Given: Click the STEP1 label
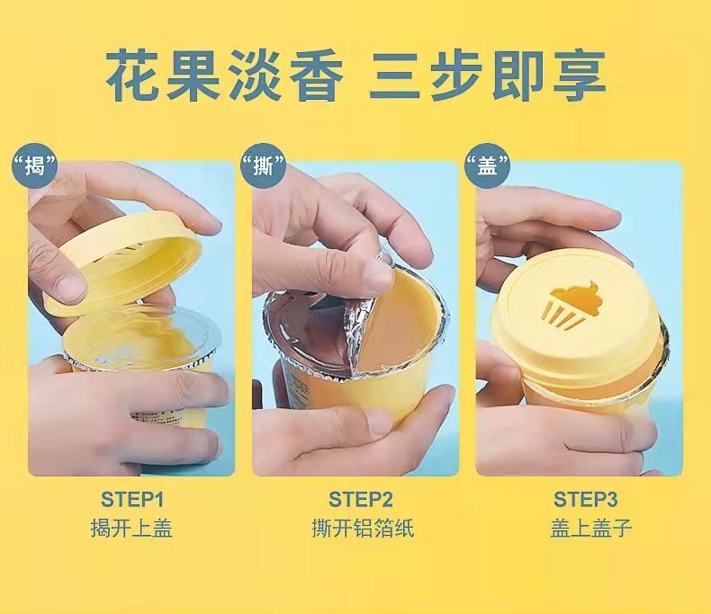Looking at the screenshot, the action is click(132, 500).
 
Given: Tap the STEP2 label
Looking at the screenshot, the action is click(361, 500).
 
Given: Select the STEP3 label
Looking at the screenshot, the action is click(585, 500).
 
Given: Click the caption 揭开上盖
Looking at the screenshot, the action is click(131, 529).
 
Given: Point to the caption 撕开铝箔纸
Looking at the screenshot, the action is click(363, 529).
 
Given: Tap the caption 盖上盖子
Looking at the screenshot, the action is click(591, 529).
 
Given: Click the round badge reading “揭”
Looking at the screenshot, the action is click(35, 165).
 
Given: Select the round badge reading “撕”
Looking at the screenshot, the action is click(263, 165).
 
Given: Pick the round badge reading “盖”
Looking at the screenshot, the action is click(488, 165).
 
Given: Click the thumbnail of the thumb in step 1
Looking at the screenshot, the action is click(69, 286).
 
